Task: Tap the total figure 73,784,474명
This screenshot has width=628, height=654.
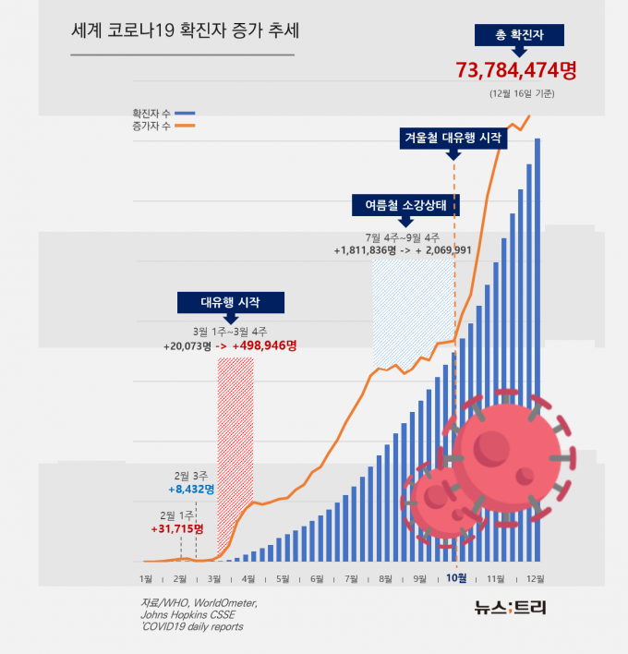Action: coord(516,69)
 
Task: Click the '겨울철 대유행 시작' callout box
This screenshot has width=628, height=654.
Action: coord(453,139)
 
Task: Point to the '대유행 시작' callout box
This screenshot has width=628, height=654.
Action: coord(230,302)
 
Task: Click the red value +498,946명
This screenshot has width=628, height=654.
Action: coord(265,345)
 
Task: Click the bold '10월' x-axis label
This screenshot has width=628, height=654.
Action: coord(456,579)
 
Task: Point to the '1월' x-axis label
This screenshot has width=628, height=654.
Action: coord(145,579)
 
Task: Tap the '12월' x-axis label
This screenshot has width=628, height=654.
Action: coord(535,579)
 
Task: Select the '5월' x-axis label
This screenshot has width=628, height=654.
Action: coord(283,579)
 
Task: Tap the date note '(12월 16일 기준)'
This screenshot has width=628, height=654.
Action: coord(523,93)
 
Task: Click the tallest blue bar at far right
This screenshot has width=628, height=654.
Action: coord(537,351)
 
